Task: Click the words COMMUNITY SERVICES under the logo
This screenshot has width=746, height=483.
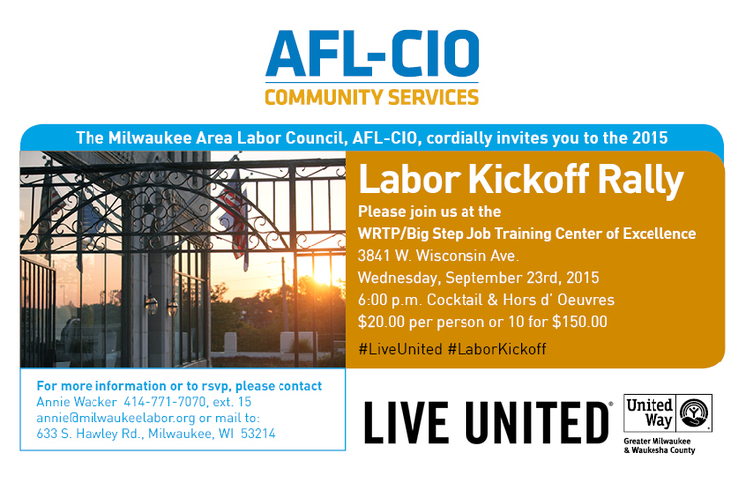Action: pos(372,98)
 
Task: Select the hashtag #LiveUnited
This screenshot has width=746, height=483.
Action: pos(400,349)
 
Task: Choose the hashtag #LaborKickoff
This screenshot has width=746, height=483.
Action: pos(496,349)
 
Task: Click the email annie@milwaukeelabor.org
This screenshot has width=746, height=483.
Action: pos(103,418)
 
